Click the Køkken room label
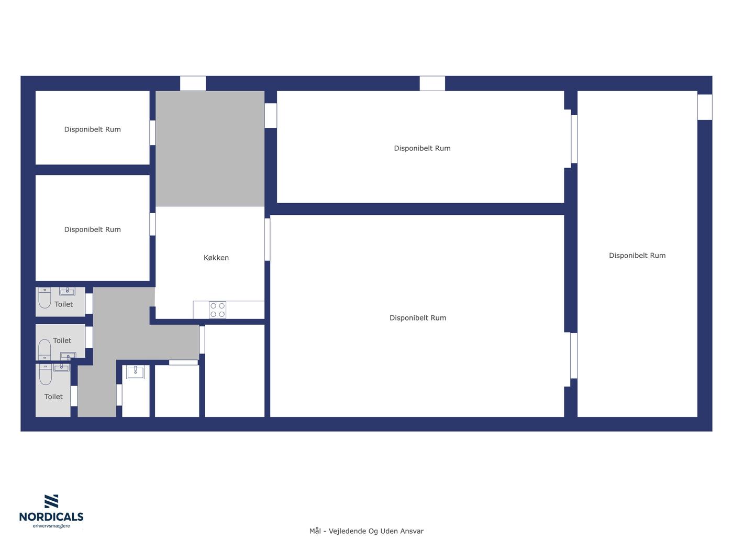(x=216, y=258)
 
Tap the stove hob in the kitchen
(x=217, y=310)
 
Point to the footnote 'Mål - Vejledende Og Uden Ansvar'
(x=366, y=531)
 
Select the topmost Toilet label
(x=63, y=304)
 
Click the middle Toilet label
(x=62, y=340)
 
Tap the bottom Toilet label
(x=53, y=397)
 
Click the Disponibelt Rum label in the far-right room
(x=637, y=256)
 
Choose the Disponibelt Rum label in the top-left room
(x=93, y=129)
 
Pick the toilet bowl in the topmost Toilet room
(x=45, y=298)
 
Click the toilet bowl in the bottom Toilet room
(x=46, y=375)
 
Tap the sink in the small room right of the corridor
(x=136, y=372)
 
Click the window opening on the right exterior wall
(x=705, y=107)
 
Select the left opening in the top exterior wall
(x=193, y=83)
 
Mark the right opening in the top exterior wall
(x=432, y=83)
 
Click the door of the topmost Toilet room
(x=89, y=304)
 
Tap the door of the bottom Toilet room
(x=74, y=396)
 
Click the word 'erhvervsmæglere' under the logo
(x=51, y=526)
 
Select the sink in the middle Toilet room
(x=68, y=356)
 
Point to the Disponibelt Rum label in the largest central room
(x=418, y=318)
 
